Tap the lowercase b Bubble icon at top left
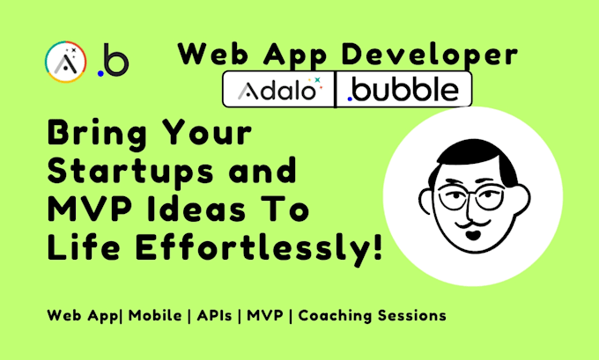coord(112,61)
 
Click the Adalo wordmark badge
coord(277,90)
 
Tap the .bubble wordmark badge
coord(404,90)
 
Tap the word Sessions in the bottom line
coord(413,314)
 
